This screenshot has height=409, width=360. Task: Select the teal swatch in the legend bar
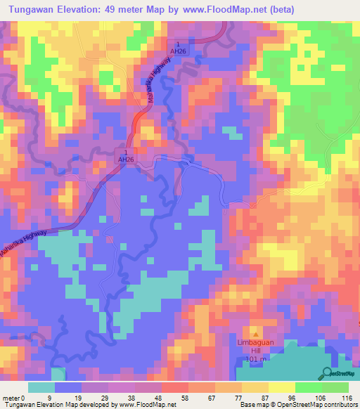(x=41, y=387)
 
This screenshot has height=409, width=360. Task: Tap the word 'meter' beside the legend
(x=11, y=398)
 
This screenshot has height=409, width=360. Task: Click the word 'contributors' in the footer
(x=340, y=405)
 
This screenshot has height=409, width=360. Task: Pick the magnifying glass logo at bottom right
(x=326, y=373)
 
